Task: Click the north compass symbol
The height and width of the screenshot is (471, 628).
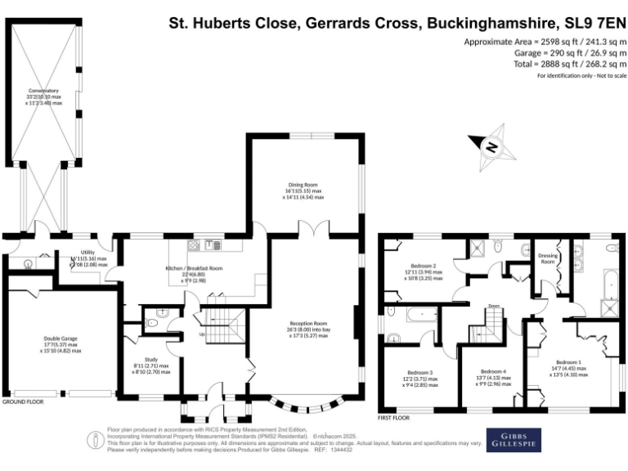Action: [491, 146]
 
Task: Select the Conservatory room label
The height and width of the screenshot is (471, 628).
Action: [43, 90]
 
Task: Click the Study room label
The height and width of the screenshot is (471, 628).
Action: [151, 360]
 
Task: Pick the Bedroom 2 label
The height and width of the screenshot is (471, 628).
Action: [424, 266]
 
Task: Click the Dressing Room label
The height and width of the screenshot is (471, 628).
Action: [548, 258]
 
